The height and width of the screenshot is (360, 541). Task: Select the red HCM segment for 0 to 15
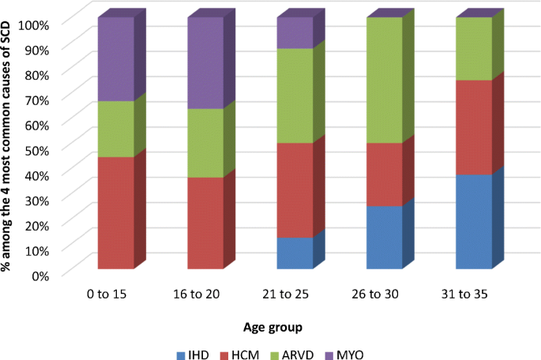[x=115, y=213]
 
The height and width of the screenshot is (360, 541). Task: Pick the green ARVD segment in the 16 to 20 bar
[x=205, y=143]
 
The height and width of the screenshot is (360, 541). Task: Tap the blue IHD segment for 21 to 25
[x=295, y=253]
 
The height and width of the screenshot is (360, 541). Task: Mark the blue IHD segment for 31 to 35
[x=474, y=222]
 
